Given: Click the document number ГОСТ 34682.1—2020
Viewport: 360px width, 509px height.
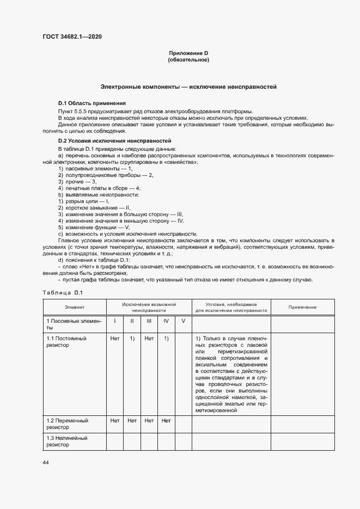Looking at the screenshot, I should coord(72,36).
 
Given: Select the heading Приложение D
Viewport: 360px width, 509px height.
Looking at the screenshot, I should coord(188,53).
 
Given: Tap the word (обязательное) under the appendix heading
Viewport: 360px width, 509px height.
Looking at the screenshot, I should coord(188,59).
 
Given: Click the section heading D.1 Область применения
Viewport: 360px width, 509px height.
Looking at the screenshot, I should coord(91,103).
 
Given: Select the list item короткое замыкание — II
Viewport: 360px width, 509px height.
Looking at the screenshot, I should coord(94,207).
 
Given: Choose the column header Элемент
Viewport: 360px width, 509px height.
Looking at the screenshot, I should coord(74,308).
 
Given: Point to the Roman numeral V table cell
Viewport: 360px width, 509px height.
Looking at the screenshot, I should coord(183,321).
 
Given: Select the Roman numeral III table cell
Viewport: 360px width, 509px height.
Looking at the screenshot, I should coord(149,321).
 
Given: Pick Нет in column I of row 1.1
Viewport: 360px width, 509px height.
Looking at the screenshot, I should coord(114,338).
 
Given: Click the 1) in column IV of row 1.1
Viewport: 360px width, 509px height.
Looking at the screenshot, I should coord(166,338).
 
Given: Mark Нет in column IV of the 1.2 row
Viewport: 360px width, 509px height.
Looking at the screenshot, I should coord(166,421).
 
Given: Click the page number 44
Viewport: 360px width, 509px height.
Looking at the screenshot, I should coord(45,462).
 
